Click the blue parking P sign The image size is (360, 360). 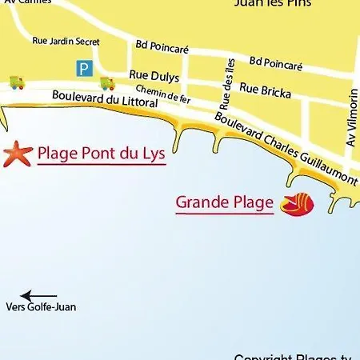82,68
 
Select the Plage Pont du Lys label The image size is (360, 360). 101,152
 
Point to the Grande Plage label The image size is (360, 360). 225,202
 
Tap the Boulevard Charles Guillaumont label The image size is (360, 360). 285,149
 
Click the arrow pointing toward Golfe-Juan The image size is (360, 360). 38,295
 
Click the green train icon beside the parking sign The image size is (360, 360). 106,82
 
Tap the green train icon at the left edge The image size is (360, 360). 16,82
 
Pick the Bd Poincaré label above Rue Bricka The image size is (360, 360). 276,62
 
